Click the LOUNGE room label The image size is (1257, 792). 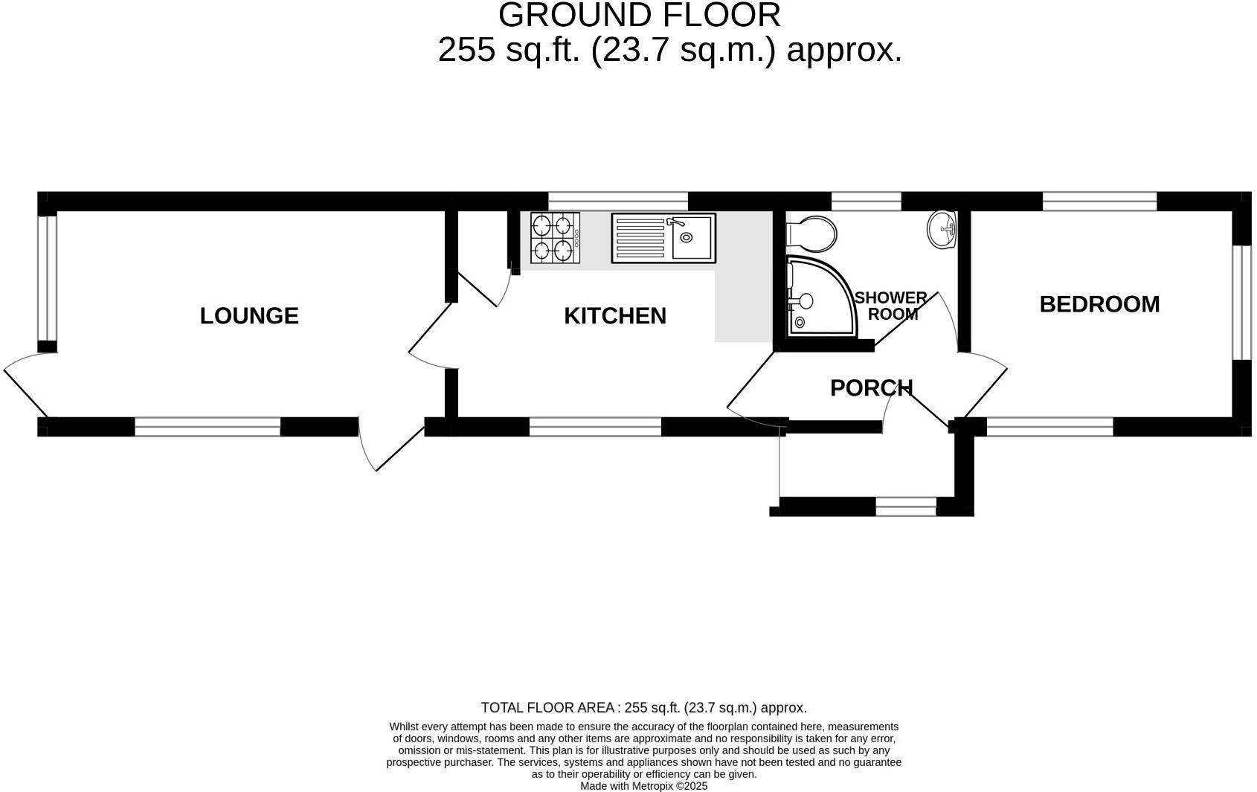pos(249,316)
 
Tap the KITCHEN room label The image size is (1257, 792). pos(614,316)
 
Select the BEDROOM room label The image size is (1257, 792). pos(1099,304)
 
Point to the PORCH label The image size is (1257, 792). pos(871,387)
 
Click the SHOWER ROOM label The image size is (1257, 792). pos(891,306)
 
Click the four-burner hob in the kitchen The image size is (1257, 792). pos(555,238)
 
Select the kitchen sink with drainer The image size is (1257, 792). pos(663,238)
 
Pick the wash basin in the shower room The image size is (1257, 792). pos(942,230)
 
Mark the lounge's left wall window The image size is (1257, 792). pos(47,278)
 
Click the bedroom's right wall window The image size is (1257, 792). pos(1241,303)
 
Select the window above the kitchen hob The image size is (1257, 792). pos(617,201)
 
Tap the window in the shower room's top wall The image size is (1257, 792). pos(866,201)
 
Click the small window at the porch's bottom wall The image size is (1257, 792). pos(905,507)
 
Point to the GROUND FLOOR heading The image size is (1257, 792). pos(639,15)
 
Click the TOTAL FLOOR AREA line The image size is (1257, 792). pos(643,707)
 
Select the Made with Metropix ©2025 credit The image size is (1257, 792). pos(643,785)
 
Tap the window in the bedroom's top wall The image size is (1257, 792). pos(1099,201)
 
